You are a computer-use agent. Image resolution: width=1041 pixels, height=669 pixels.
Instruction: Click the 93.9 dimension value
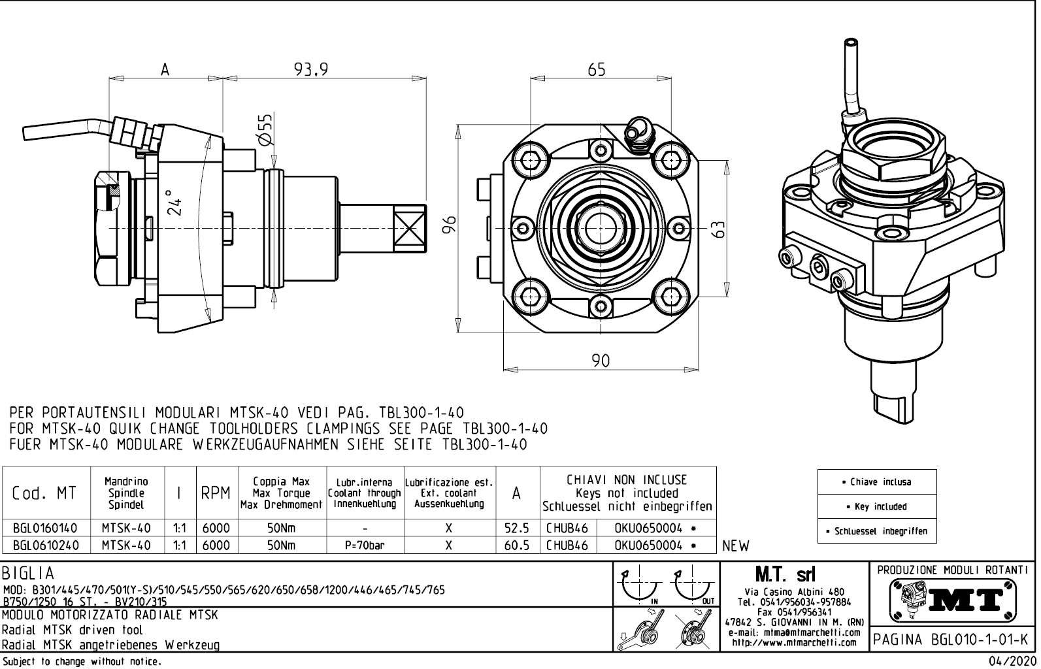pyautogui.click(x=310, y=69)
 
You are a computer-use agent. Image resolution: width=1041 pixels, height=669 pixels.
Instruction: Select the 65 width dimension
pyautogui.click(x=596, y=69)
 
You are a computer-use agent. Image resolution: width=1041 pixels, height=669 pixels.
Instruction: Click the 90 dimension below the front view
pyautogui.click(x=601, y=360)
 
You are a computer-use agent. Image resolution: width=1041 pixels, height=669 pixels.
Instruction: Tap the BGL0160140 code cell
pyautogui.click(x=44, y=528)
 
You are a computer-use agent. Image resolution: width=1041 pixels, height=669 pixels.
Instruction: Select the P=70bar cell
pyautogui.click(x=364, y=546)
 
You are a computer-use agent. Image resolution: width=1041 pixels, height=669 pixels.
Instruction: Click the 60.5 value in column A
pyautogui.click(x=516, y=546)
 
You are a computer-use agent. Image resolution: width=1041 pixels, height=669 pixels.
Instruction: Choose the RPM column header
pyautogui.click(x=215, y=494)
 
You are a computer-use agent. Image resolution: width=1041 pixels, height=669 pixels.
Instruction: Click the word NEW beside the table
pyautogui.click(x=736, y=546)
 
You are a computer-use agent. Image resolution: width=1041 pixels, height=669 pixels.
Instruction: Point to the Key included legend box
pyautogui.click(x=876, y=506)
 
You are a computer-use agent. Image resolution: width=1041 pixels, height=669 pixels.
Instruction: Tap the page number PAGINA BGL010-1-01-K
pyautogui.click(x=951, y=638)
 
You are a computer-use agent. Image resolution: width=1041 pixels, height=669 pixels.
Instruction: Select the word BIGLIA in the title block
pyautogui.click(x=28, y=574)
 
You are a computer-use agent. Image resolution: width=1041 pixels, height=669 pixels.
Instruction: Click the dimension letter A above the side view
pyautogui.click(x=165, y=69)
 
